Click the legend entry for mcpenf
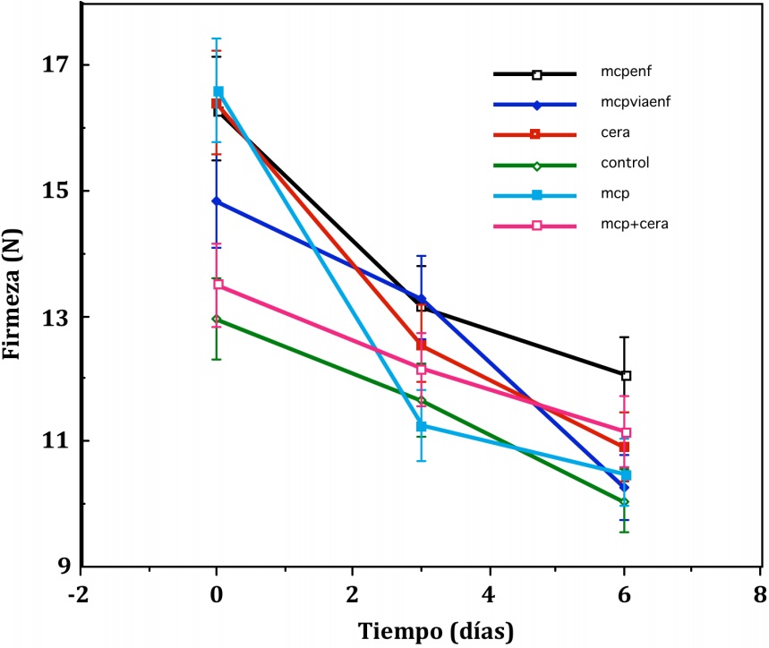[622, 73]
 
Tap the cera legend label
[614, 132]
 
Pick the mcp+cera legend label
[628, 224]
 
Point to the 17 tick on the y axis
[54, 65]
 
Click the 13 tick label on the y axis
[54, 317]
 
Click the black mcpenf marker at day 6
[626, 376]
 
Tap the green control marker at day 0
[217, 319]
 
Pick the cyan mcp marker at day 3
[422, 426]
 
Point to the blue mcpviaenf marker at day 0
[217, 201]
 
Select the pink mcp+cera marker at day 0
[217, 285]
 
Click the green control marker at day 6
[624, 502]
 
